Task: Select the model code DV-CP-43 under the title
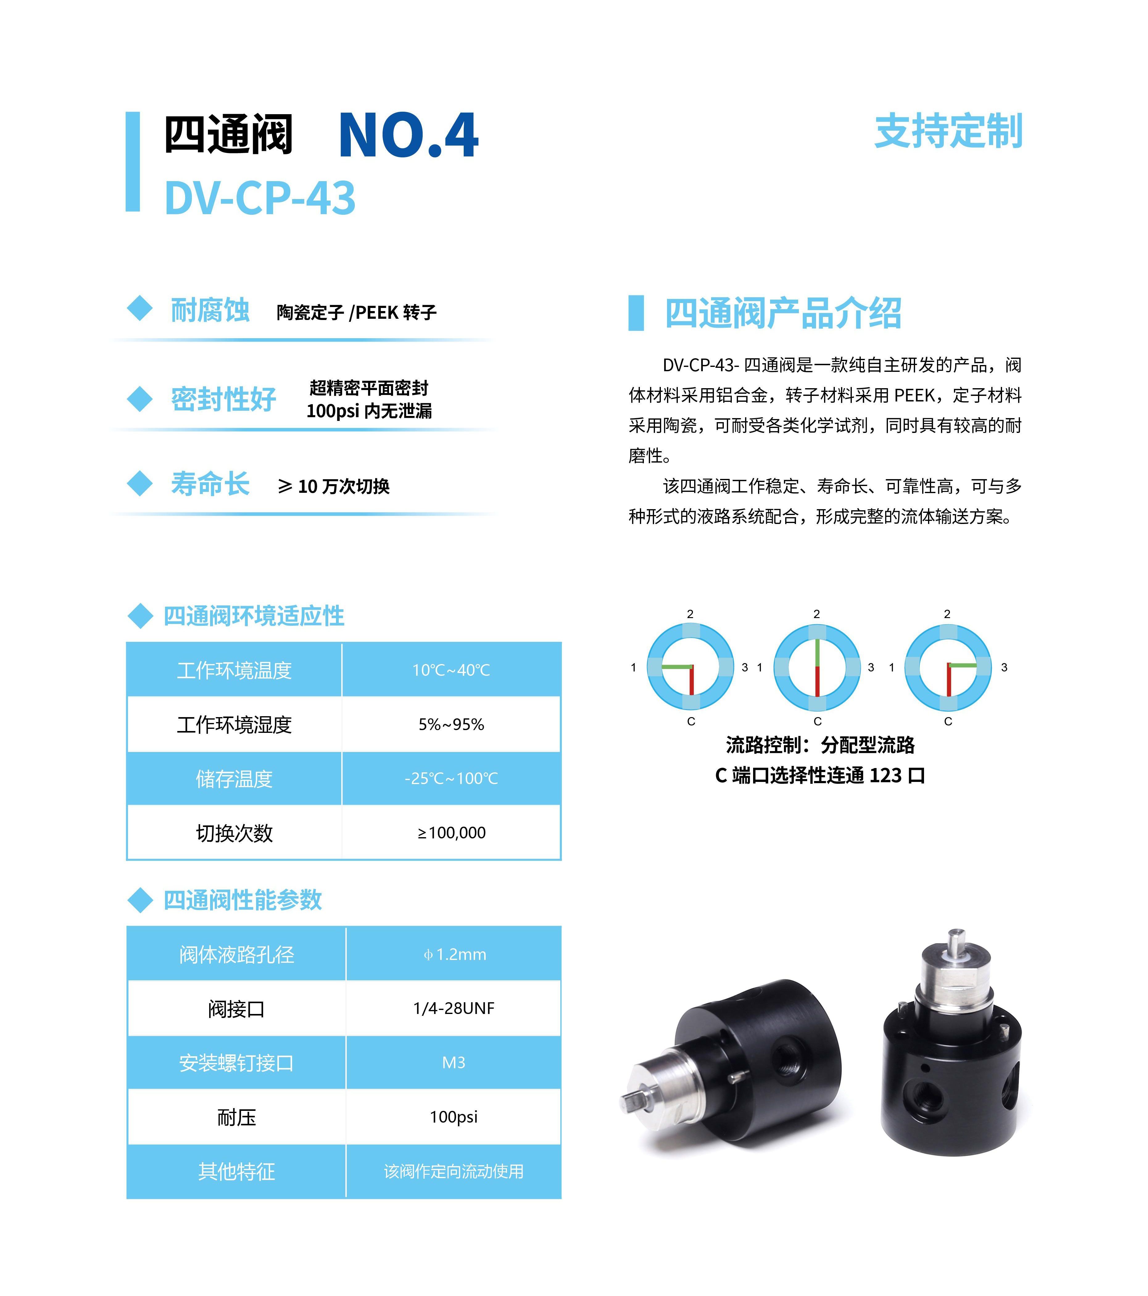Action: (x=260, y=198)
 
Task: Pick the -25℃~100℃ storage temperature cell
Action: (x=451, y=779)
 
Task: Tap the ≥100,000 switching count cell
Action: (x=451, y=833)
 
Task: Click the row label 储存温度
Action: (x=234, y=779)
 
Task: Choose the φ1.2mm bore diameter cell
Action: (x=454, y=954)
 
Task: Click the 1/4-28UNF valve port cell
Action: (x=454, y=1008)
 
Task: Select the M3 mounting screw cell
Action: (x=454, y=1063)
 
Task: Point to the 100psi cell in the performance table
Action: (x=454, y=1117)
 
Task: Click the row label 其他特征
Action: (x=236, y=1172)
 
